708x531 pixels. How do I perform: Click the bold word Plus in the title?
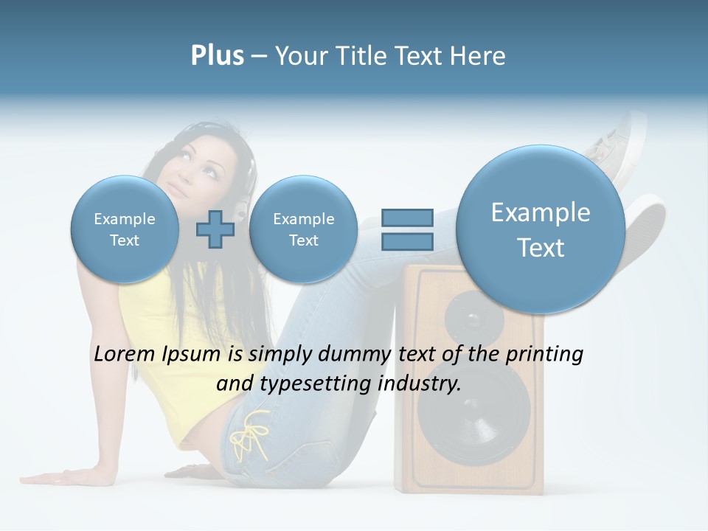click(217, 56)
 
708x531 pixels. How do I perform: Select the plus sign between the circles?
click(215, 229)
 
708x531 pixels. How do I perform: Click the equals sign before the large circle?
click(406, 229)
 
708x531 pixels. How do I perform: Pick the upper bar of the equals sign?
click(406, 218)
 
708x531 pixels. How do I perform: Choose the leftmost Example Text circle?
click(125, 229)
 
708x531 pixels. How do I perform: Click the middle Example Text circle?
click(303, 229)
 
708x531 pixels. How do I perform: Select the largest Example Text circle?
click(541, 229)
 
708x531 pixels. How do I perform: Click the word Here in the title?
click(480, 56)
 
